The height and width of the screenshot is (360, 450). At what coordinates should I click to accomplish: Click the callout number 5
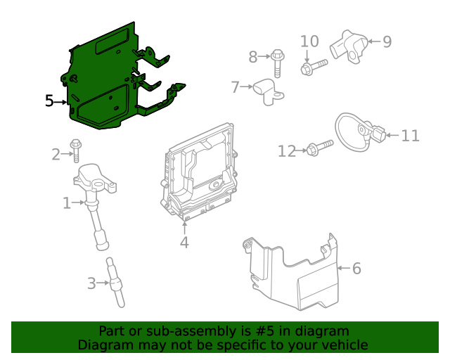49,101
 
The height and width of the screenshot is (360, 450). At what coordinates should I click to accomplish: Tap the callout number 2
56,154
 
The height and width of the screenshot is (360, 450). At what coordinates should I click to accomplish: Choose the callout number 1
67,204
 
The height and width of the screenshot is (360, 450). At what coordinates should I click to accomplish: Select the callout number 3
91,284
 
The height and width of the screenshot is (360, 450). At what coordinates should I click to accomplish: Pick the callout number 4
184,243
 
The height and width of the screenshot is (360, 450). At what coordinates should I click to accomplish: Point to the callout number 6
356,269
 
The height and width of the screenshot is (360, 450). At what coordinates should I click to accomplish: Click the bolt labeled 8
277,61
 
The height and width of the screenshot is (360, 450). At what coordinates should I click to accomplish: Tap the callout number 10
309,42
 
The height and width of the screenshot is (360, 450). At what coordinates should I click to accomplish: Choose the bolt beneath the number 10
313,67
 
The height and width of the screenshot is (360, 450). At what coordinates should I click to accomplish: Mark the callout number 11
409,135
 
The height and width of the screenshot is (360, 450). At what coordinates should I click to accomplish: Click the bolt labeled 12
318,149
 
